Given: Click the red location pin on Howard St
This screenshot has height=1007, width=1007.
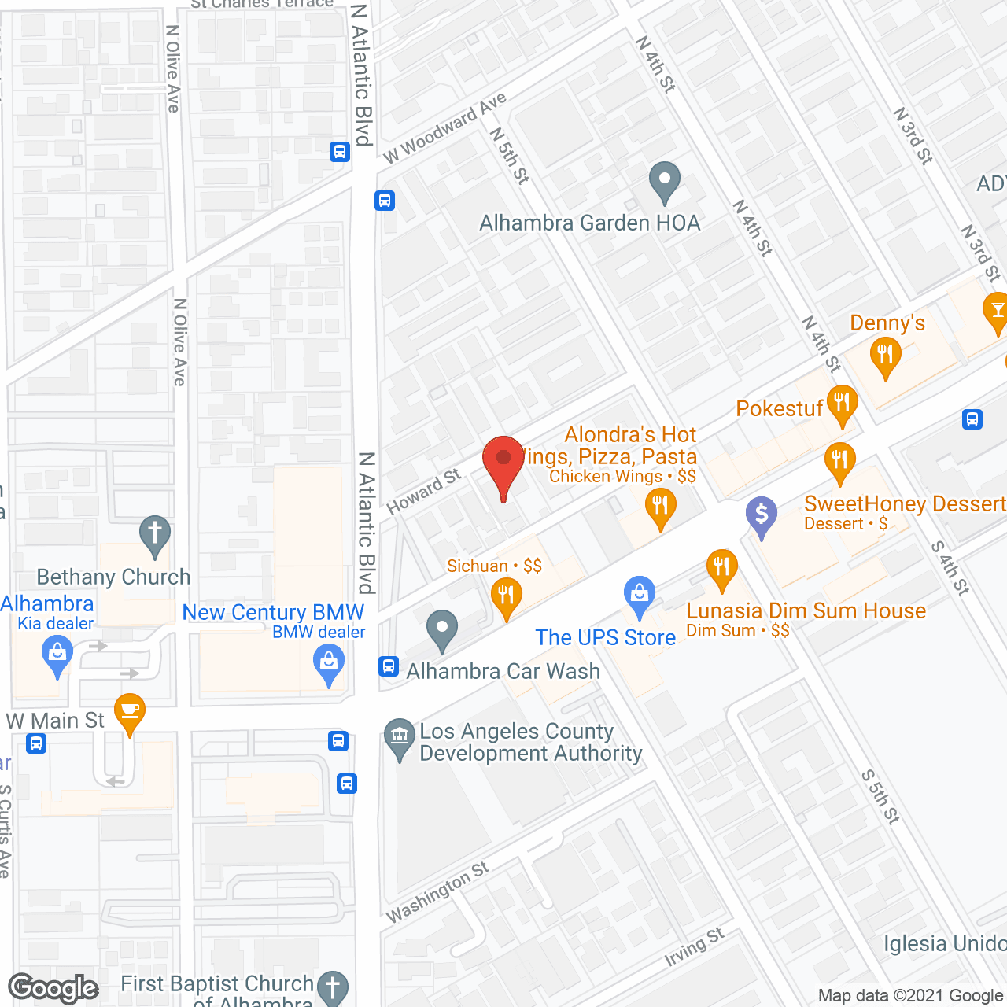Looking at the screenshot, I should click(x=503, y=460).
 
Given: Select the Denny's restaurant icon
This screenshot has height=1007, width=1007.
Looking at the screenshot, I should click(x=886, y=356).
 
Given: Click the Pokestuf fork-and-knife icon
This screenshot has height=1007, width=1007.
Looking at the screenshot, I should click(x=842, y=404).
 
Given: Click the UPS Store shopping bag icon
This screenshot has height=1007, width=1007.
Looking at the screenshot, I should click(x=640, y=596).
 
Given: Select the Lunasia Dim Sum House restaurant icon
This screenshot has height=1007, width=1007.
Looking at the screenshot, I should click(x=721, y=568).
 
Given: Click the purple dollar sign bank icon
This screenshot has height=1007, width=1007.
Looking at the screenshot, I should click(x=761, y=515).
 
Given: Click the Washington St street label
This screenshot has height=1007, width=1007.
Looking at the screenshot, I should click(x=437, y=891).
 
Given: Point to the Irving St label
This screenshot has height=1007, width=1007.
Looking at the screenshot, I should click(x=694, y=947).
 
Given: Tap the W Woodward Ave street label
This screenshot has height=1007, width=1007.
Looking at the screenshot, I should click(x=444, y=128).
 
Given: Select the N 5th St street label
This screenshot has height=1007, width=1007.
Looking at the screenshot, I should click(x=509, y=155).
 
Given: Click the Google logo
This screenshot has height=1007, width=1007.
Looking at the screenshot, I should click(x=53, y=988).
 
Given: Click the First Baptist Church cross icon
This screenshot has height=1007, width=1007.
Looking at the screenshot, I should click(x=333, y=987).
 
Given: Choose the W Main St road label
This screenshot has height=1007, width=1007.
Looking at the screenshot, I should click(x=55, y=721).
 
